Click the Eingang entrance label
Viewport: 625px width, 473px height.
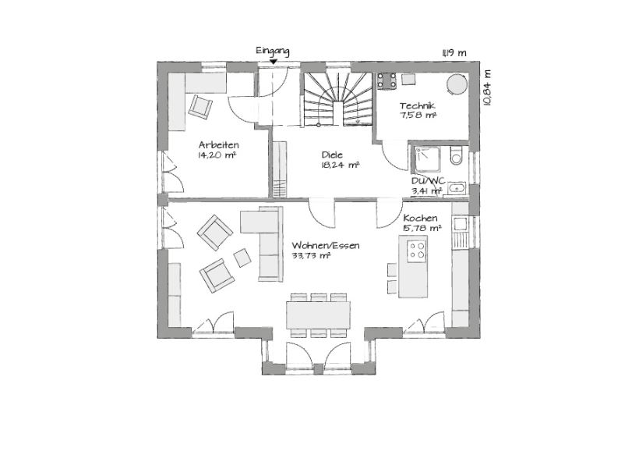pos(273,51)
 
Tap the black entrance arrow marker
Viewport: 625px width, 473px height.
pos(273,62)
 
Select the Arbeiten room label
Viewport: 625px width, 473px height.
pos(219,144)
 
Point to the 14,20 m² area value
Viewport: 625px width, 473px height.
pos(217,155)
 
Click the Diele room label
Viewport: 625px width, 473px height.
pos(332,155)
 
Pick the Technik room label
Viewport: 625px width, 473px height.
pos(418,106)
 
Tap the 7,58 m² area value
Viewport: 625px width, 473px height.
pos(418,116)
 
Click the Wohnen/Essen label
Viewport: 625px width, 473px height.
pos(326,246)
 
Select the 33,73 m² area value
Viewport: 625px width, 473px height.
pos(311,256)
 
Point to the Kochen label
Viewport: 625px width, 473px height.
pos(421,219)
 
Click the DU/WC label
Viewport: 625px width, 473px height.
pos(429,181)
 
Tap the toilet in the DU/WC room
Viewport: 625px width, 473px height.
pos(456,155)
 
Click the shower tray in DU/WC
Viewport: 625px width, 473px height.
pos(427,159)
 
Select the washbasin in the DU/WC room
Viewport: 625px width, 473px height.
pos(457,187)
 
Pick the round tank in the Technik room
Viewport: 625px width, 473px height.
pos(456,84)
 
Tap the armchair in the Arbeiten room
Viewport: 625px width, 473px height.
pos(200,107)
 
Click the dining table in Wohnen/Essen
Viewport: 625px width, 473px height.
pos(319,315)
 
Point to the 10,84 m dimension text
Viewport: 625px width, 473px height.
pos(487,88)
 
